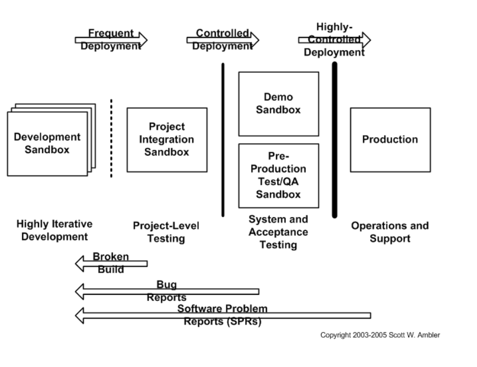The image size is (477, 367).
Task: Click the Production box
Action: (390, 139)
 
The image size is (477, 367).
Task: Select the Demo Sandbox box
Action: (278, 104)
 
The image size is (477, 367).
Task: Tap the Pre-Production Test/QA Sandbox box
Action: (278, 175)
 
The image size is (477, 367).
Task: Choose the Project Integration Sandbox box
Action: (167, 139)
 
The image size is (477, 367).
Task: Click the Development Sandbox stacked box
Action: (47, 143)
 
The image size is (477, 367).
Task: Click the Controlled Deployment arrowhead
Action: (254, 40)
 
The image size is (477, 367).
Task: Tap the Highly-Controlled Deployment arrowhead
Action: (366, 40)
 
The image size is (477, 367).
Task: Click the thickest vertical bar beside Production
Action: (334, 139)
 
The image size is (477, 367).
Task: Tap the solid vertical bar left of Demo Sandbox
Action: (223, 139)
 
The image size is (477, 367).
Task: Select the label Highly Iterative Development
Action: (55, 230)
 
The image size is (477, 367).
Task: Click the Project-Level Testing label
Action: (166, 232)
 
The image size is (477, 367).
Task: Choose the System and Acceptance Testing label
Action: (278, 231)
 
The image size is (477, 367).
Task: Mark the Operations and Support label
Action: (390, 232)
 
